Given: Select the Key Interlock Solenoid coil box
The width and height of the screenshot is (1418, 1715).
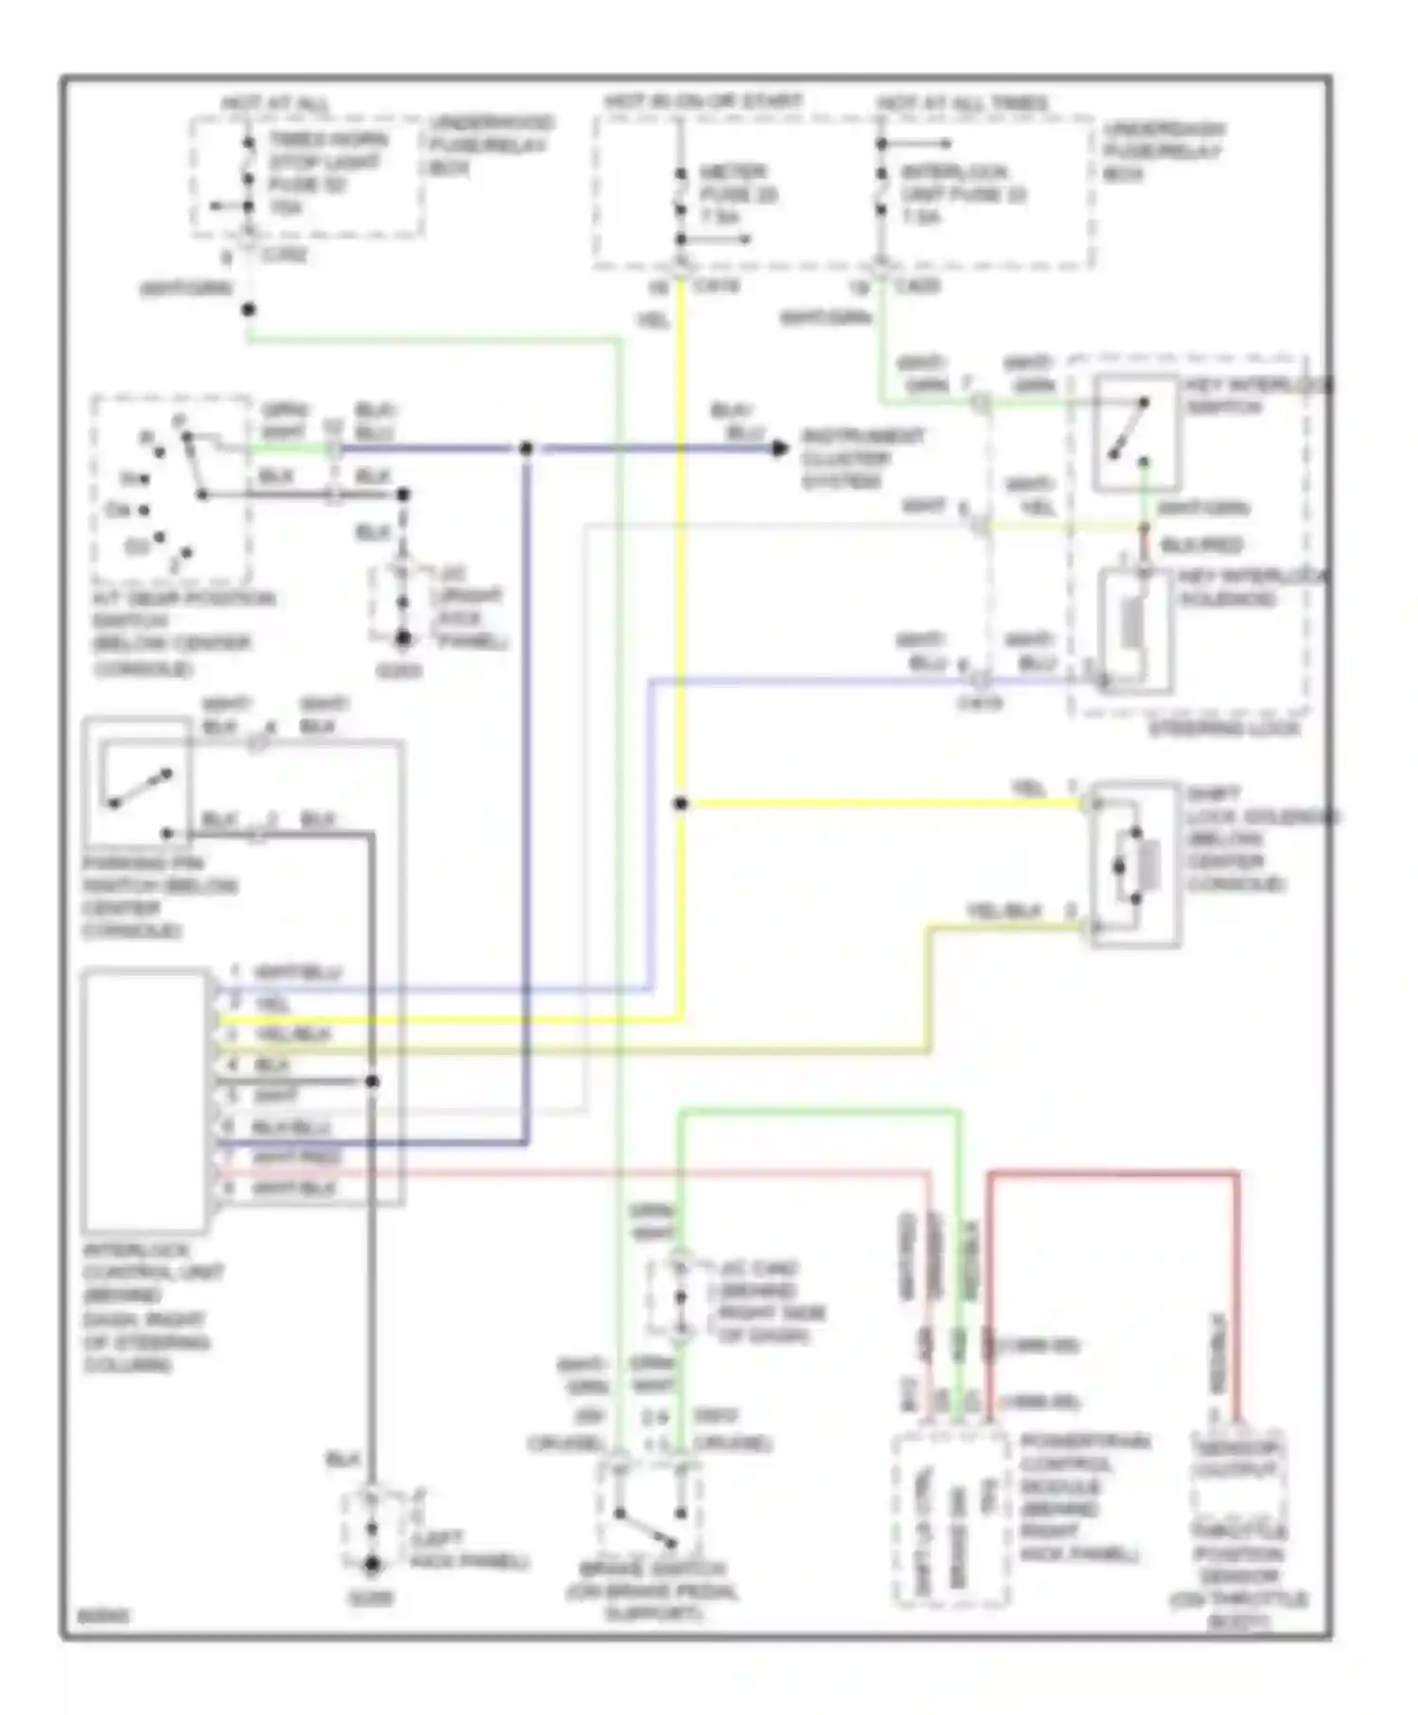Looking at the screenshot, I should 1134,632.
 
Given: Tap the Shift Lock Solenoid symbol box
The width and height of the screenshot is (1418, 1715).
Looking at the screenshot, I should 1135,864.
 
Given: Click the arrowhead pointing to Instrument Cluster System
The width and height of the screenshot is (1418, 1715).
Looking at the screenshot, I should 780,448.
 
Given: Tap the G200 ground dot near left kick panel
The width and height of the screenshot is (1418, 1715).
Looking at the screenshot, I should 372,1566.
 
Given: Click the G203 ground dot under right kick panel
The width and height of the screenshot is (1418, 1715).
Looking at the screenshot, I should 404,639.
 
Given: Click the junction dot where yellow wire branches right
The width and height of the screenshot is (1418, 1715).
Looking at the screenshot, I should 681,804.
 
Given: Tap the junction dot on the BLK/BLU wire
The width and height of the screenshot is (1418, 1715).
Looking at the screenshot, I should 526,448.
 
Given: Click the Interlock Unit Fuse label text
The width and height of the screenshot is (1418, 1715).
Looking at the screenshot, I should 962,195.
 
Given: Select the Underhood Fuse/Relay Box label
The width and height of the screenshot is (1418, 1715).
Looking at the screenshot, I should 490,146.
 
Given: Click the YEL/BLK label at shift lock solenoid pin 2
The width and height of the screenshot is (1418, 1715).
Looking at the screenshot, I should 1004,911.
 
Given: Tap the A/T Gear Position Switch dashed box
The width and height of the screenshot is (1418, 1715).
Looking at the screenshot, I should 171,491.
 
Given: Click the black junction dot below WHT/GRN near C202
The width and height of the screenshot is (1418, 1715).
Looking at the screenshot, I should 249,309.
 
